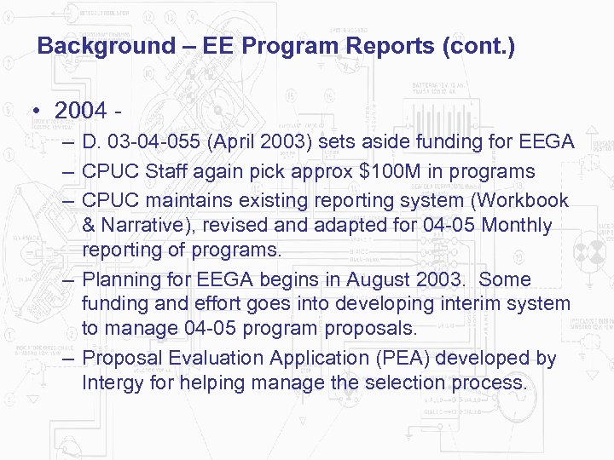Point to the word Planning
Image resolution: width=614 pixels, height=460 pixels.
pyautogui.click(x=118, y=280)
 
